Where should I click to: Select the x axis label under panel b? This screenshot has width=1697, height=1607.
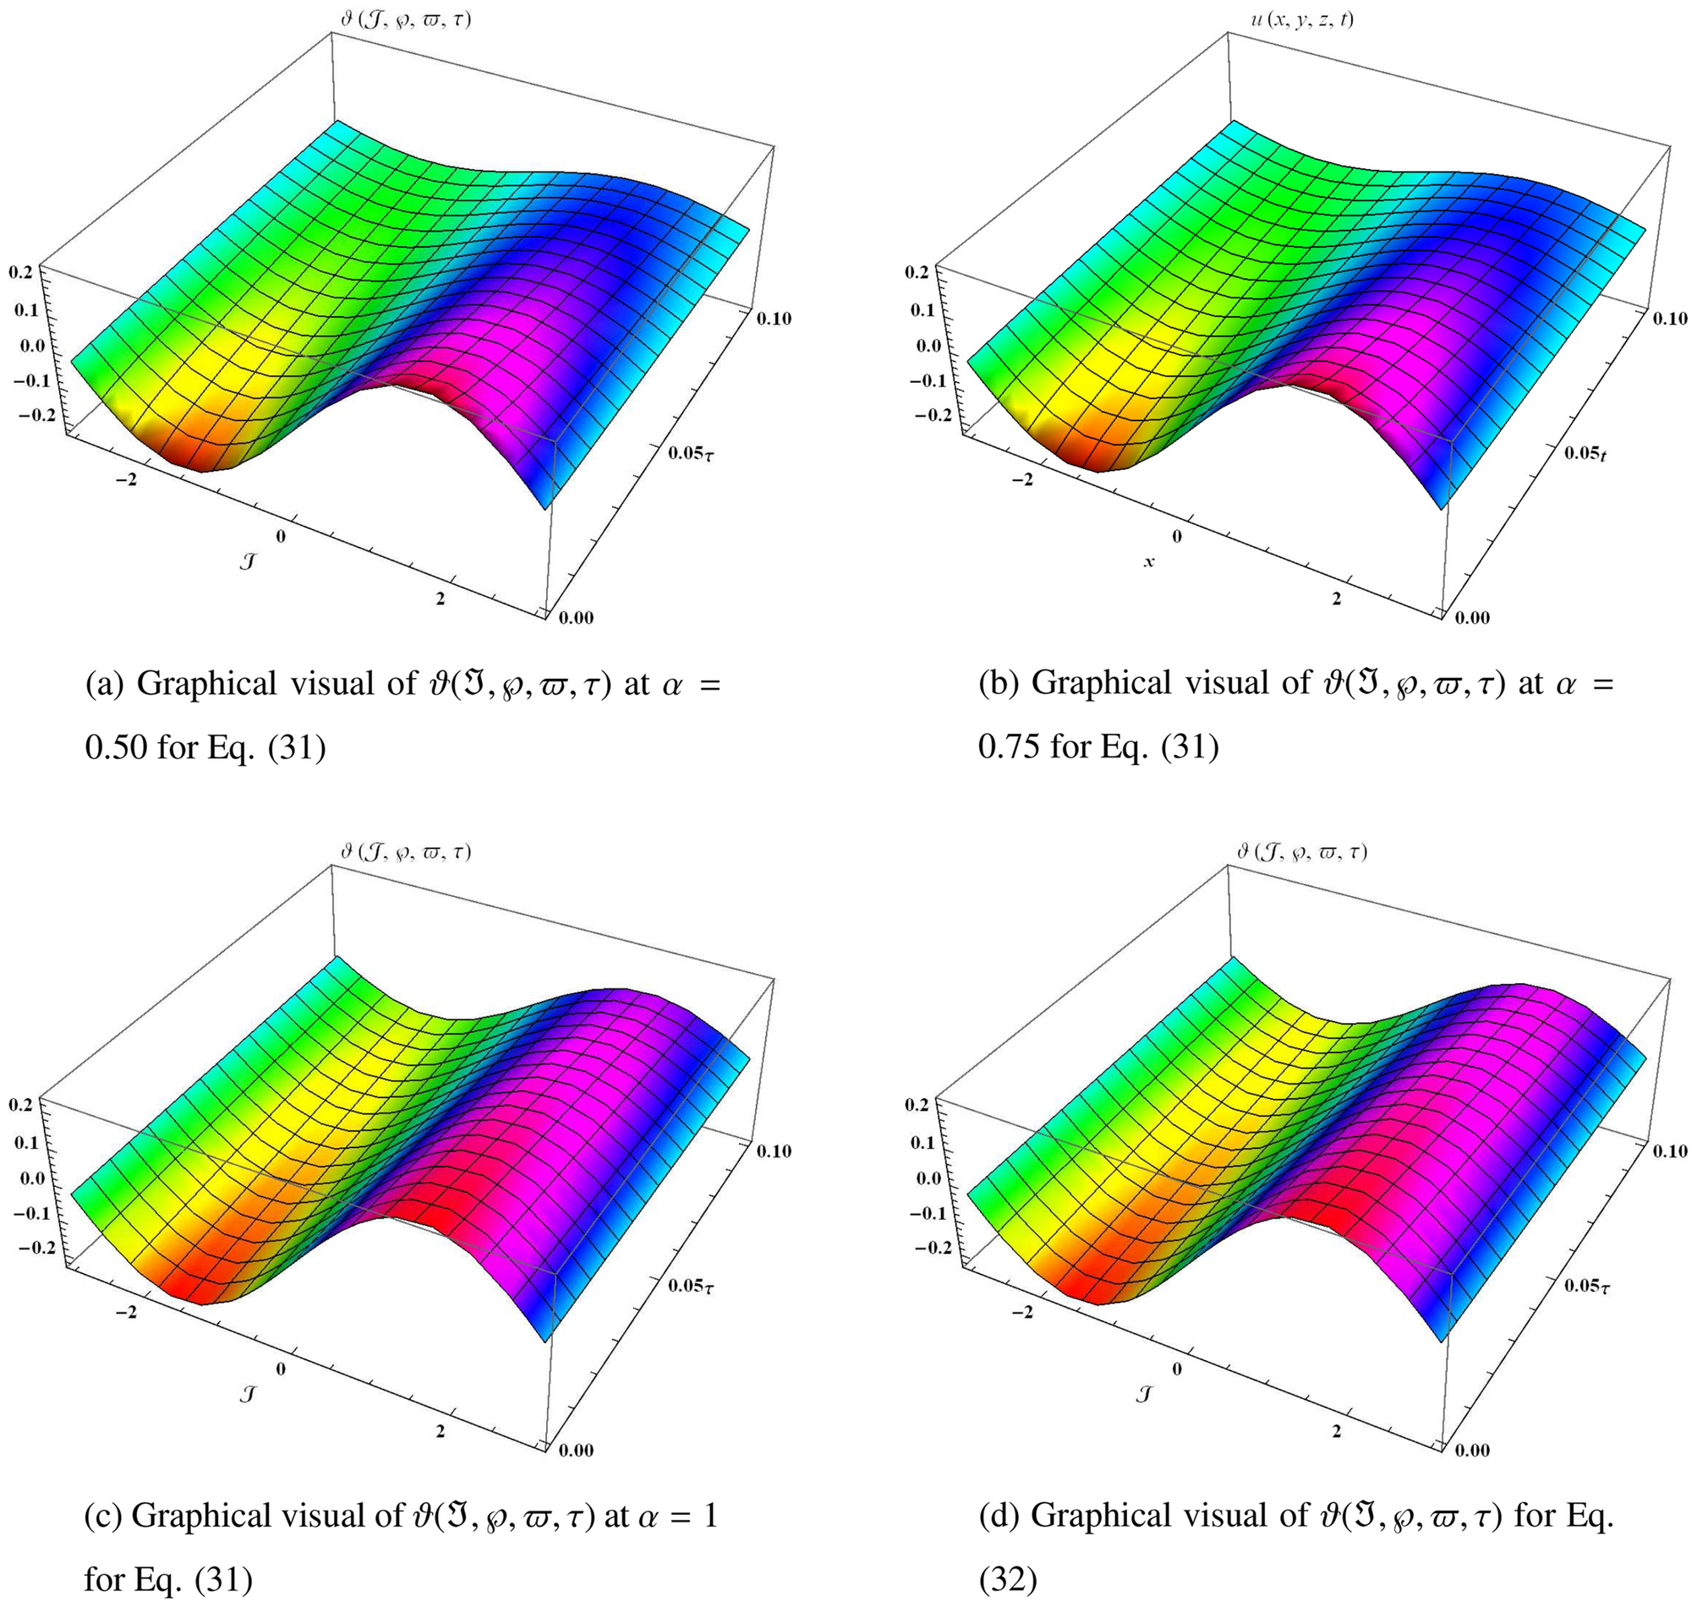[1149, 562]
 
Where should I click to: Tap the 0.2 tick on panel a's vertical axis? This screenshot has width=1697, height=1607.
[20, 271]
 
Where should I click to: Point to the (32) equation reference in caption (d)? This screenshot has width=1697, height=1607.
[1007, 1581]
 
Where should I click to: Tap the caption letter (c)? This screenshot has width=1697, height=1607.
[103, 1517]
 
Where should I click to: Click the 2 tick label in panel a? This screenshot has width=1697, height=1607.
[441, 599]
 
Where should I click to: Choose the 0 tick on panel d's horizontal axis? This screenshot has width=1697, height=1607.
[1176, 1369]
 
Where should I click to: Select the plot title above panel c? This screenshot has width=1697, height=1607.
[405, 852]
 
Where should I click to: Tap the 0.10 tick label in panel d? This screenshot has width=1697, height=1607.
[1669, 1151]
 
